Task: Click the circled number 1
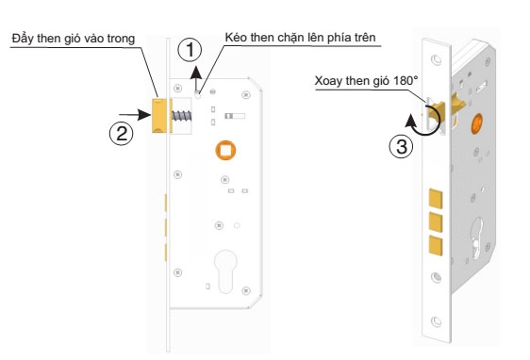click(x=190, y=50)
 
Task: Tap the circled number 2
click(x=122, y=133)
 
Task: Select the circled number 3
click(x=401, y=147)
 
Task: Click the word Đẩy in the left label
click(x=23, y=38)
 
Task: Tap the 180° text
click(x=406, y=80)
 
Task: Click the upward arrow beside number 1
click(x=196, y=79)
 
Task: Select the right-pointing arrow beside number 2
click(x=135, y=115)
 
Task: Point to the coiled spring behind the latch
click(x=182, y=116)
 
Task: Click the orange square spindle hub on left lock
click(x=225, y=150)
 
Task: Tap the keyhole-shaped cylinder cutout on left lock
click(x=225, y=271)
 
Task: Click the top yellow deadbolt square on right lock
click(x=436, y=198)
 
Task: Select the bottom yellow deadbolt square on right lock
click(x=436, y=246)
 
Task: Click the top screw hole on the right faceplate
click(x=436, y=60)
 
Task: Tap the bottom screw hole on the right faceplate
click(x=436, y=321)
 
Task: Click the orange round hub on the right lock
click(x=476, y=123)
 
